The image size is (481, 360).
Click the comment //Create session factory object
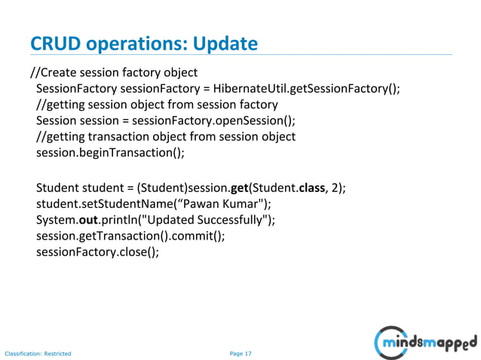coord(113,73)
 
